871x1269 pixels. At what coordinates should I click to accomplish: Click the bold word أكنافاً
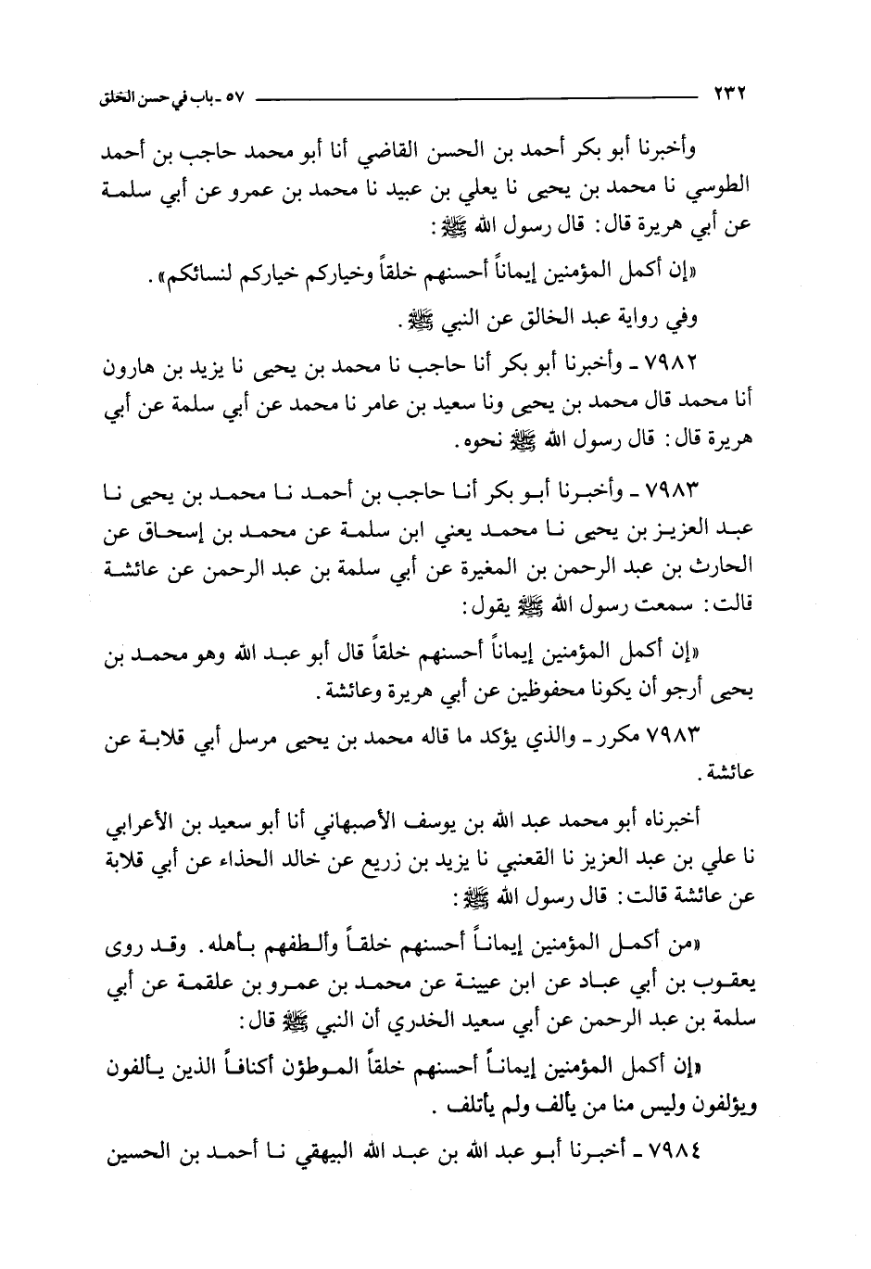[x=266, y=1072]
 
